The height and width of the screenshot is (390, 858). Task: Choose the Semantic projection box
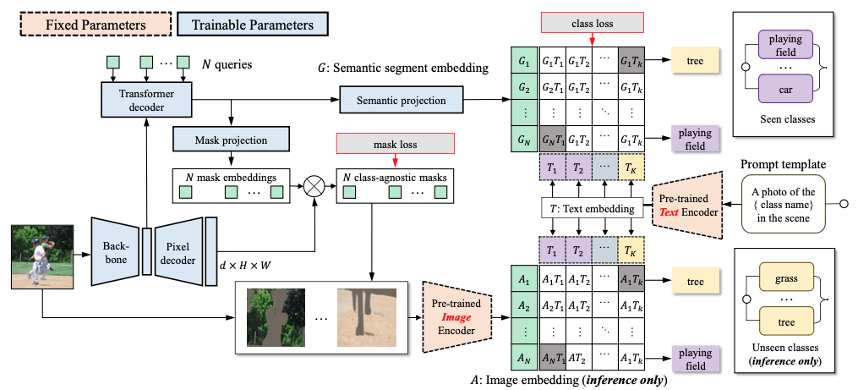pos(401,101)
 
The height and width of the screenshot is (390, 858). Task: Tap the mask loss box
pos(395,144)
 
